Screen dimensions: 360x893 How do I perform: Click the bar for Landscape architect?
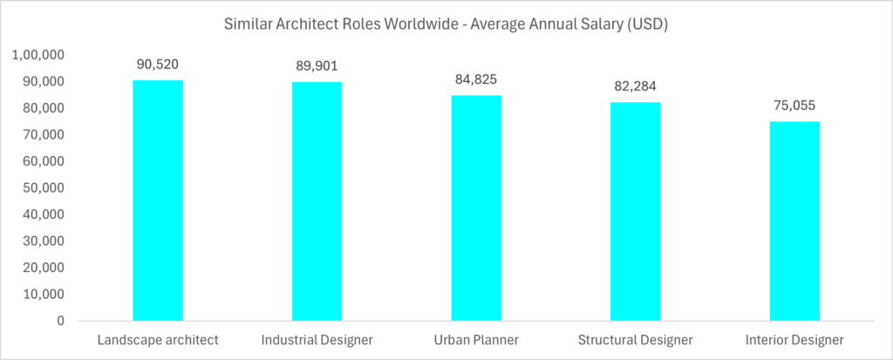tap(158, 200)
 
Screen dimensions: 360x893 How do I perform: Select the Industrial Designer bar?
tap(317, 201)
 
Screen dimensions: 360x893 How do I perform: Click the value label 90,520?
tap(158, 64)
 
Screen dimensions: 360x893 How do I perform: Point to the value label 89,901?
tap(317, 65)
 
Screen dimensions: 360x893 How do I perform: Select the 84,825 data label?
tap(476, 79)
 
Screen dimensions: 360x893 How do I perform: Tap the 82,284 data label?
tap(635, 86)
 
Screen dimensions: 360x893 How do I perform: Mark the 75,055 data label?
tap(794, 105)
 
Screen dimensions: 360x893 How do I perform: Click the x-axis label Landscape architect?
tap(158, 339)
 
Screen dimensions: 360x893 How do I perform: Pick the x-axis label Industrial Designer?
tap(317, 339)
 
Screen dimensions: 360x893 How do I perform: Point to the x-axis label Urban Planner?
tap(476, 339)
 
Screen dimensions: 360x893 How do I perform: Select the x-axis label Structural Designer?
tap(635, 339)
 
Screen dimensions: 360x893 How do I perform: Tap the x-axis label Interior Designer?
tap(794, 339)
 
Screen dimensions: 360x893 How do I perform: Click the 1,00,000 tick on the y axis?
tap(37, 55)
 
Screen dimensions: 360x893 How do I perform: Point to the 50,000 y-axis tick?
tap(41, 188)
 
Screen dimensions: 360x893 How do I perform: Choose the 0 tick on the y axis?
tap(60, 322)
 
